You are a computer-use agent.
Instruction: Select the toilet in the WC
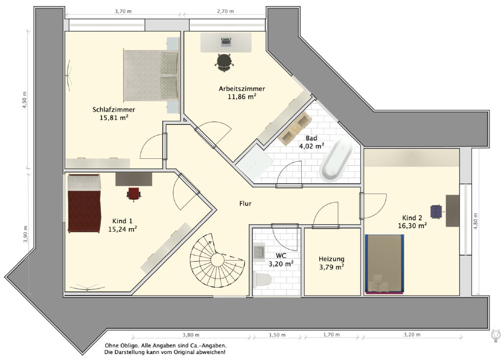coord(262,279)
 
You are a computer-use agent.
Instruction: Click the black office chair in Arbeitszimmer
coord(224,62)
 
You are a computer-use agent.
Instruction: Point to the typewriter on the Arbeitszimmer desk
coord(226,41)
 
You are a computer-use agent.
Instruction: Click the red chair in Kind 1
coord(134,194)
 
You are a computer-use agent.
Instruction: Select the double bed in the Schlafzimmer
coord(151,75)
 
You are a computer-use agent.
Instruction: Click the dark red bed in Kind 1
coord(84,203)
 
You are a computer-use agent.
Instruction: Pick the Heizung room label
coord(331,259)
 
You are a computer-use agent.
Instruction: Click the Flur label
coord(245,204)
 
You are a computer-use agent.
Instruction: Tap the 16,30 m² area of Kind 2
coord(412,226)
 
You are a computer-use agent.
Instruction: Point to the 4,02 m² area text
coord(312,147)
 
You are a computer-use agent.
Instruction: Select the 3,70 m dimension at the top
coord(123,11)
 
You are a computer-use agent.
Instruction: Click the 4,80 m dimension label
coord(476,221)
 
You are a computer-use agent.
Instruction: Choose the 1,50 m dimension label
coord(277,335)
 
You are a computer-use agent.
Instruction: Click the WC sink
coord(259,252)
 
